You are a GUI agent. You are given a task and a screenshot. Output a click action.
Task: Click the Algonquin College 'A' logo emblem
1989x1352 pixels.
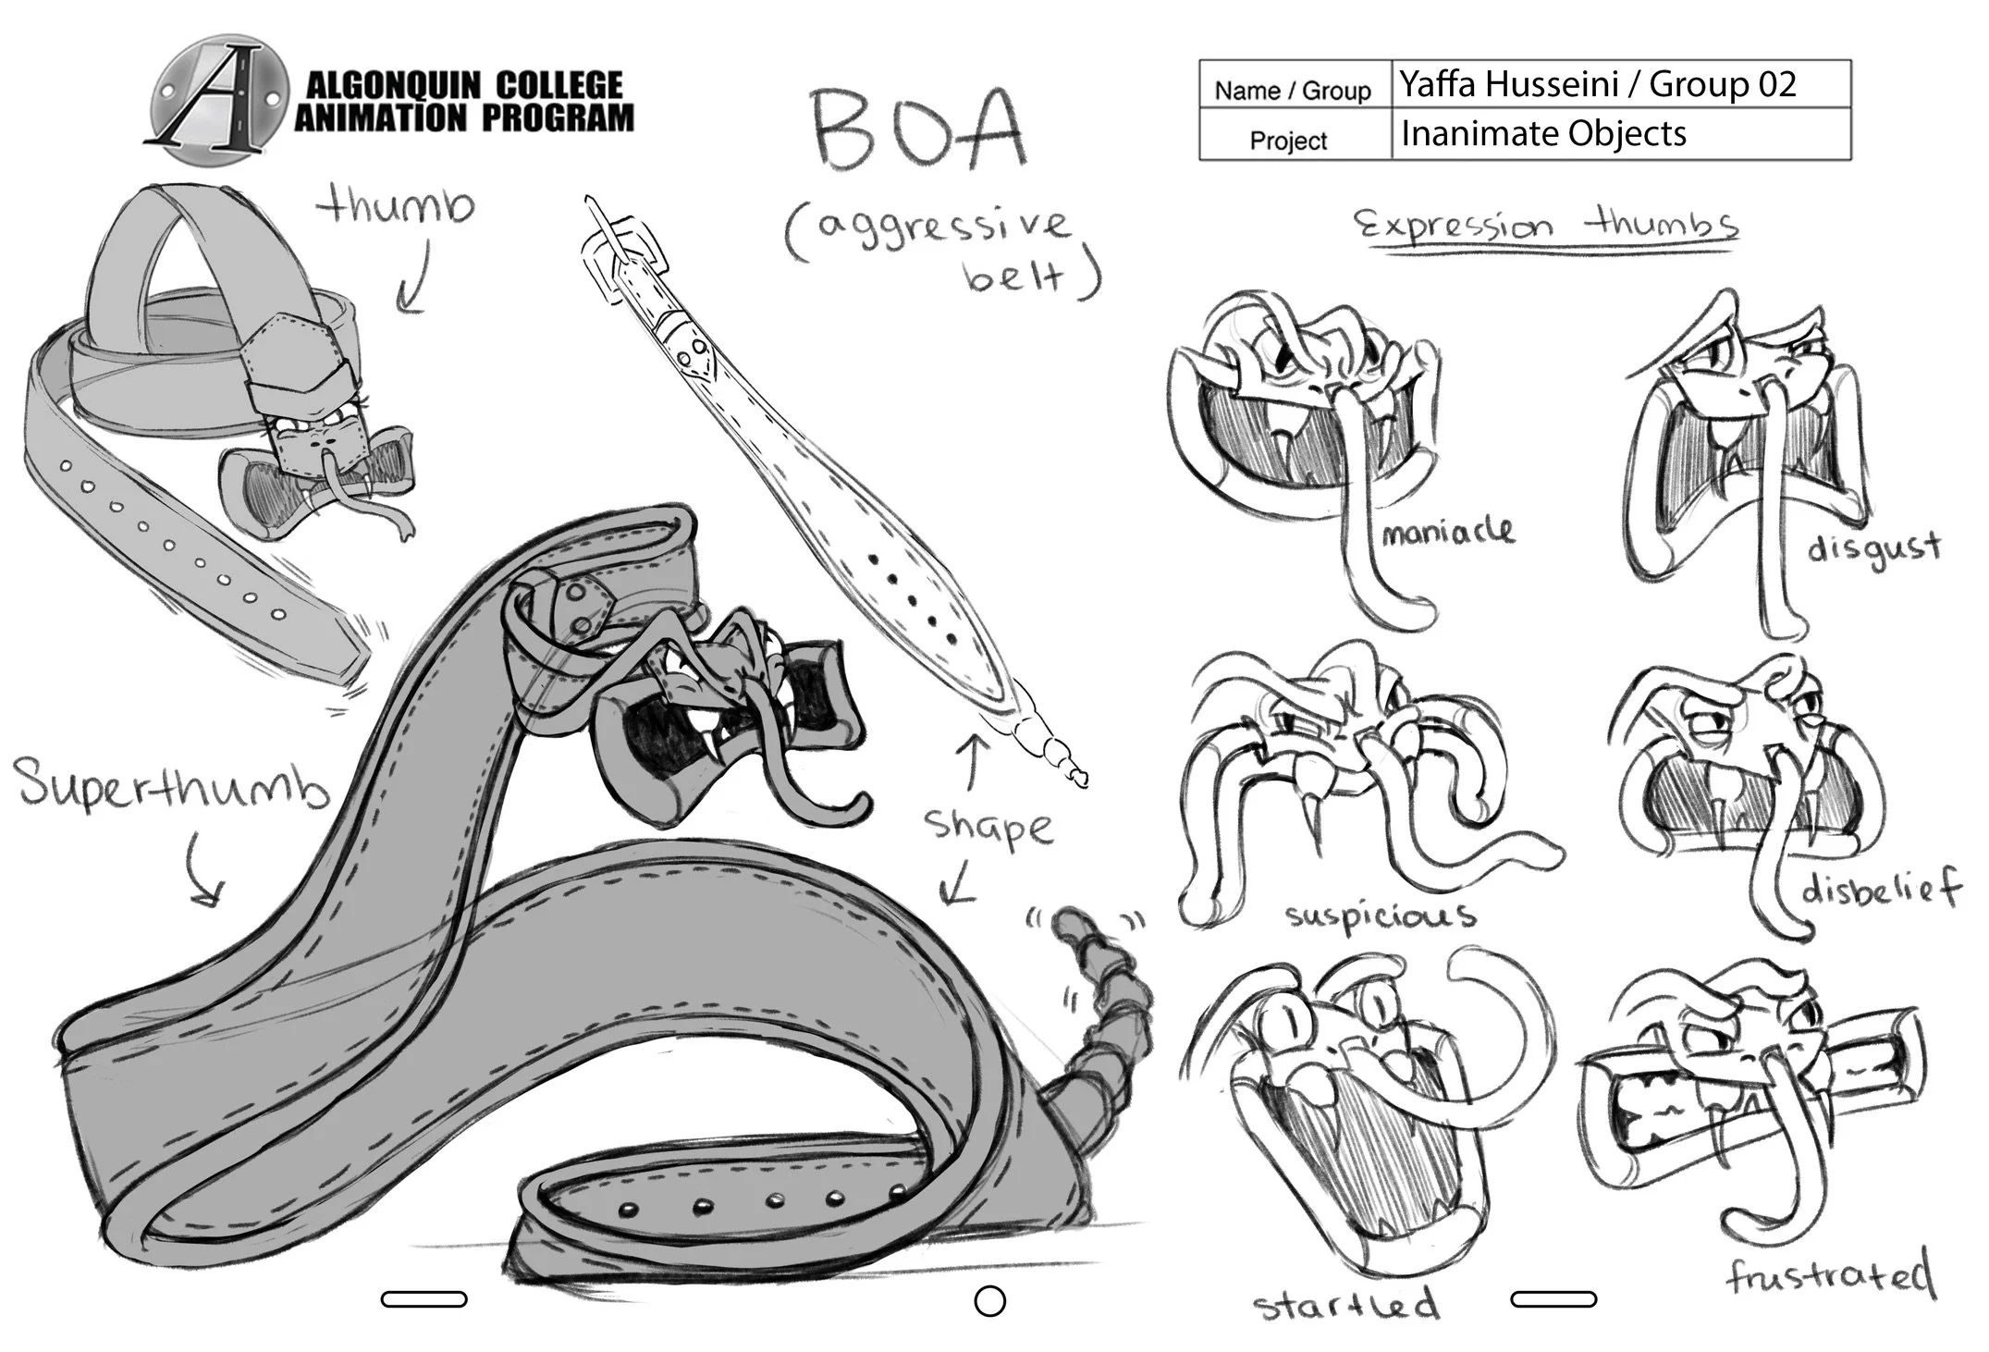[219, 99]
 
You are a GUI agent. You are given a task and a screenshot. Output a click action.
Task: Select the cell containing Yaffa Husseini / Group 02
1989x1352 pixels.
[1621, 84]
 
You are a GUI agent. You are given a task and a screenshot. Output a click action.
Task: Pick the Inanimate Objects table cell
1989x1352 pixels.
[1621, 134]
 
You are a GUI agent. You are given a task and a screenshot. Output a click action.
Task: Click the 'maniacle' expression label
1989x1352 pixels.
[1448, 531]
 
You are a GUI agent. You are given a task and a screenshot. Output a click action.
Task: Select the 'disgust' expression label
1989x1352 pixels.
[1873, 549]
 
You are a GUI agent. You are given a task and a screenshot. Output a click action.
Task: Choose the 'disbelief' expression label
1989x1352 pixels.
[1880, 890]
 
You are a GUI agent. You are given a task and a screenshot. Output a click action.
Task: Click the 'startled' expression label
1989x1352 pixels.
[1346, 1304]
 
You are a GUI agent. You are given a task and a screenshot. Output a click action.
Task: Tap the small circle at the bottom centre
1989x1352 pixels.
[989, 1301]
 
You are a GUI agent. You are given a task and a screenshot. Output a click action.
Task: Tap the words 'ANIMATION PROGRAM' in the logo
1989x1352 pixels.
[465, 118]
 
